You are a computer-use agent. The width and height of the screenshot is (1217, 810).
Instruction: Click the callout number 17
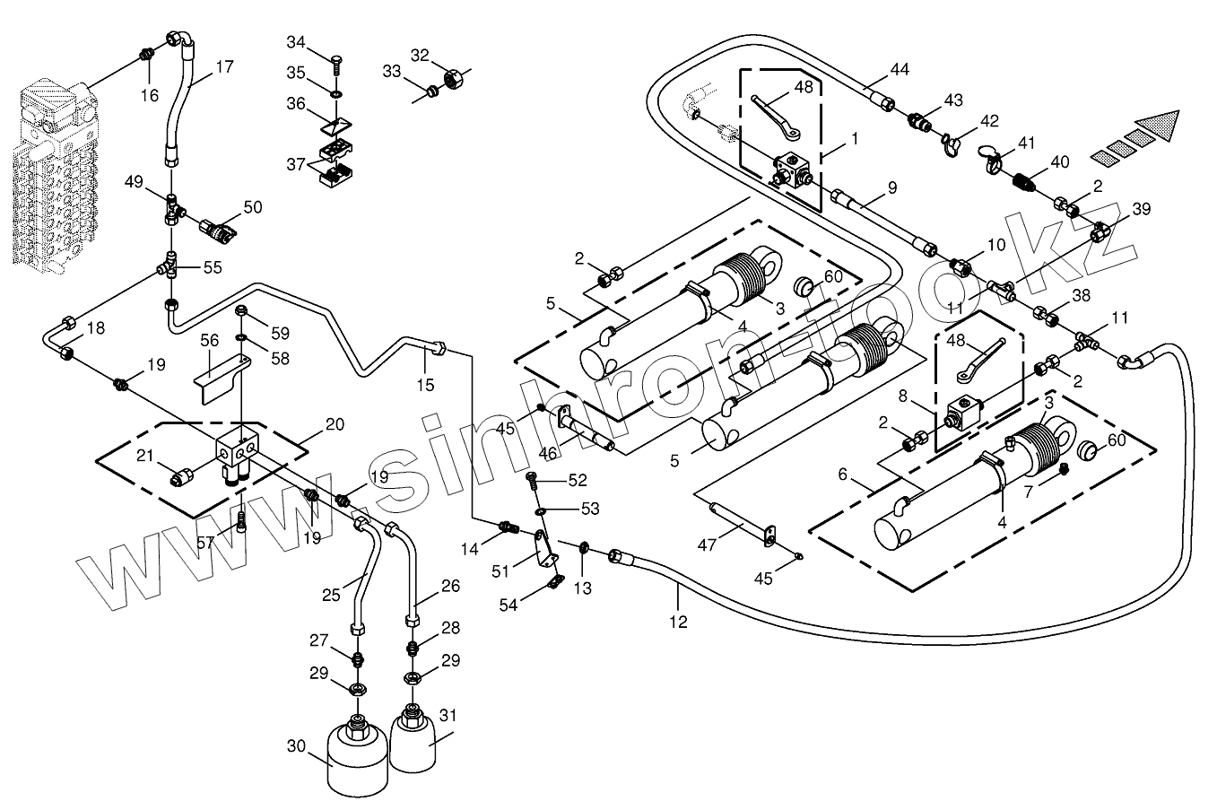pyautogui.click(x=224, y=66)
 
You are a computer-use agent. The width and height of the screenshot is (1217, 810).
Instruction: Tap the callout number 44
pyautogui.click(x=900, y=70)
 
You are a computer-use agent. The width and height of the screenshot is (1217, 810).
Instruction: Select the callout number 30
pyautogui.click(x=297, y=745)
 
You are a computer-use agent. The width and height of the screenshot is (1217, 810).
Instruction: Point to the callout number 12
pyautogui.click(x=678, y=621)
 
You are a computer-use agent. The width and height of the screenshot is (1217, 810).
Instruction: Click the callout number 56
pyautogui.click(x=210, y=340)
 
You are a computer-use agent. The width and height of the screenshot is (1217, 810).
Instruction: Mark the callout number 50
pyautogui.click(x=253, y=207)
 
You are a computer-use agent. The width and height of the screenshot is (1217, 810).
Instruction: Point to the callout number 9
pyautogui.click(x=891, y=187)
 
